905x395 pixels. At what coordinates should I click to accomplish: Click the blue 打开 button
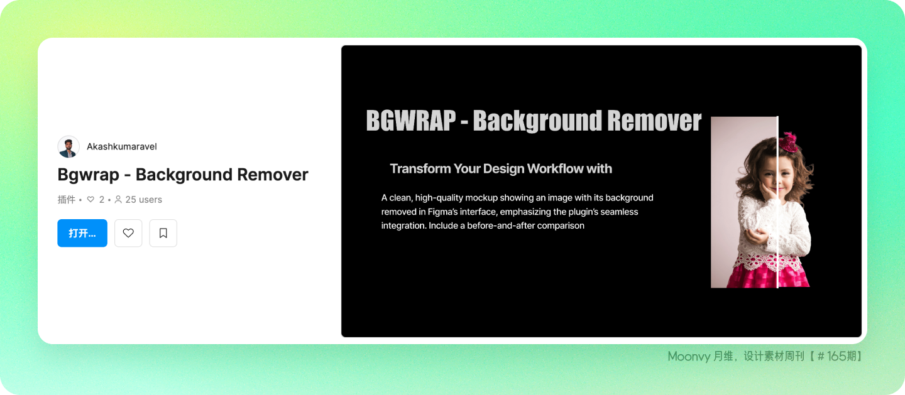(x=82, y=233)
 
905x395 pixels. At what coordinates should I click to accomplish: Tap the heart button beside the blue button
(x=128, y=233)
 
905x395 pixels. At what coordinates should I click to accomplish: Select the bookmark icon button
(x=163, y=233)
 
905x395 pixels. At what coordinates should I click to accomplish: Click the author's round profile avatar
(x=69, y=146)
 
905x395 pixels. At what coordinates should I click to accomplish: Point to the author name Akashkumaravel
(x=122, y=146)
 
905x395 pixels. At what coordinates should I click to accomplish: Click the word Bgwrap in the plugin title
(x=88, y=175)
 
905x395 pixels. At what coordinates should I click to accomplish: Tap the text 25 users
(x=143, y=200)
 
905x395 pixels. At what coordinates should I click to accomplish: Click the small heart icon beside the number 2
(x=90, y=200)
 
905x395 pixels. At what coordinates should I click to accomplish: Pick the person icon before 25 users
(x=118, y=200)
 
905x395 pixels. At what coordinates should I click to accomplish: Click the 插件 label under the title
(x=66, y=200)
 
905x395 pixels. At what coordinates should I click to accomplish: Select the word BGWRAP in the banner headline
(x=411, y=121)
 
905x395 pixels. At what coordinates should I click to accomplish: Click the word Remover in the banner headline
(x=654, y=121)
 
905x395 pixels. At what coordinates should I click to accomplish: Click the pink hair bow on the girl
(x=787, y=143)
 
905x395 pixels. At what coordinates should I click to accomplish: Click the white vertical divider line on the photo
(x=777, y=202)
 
